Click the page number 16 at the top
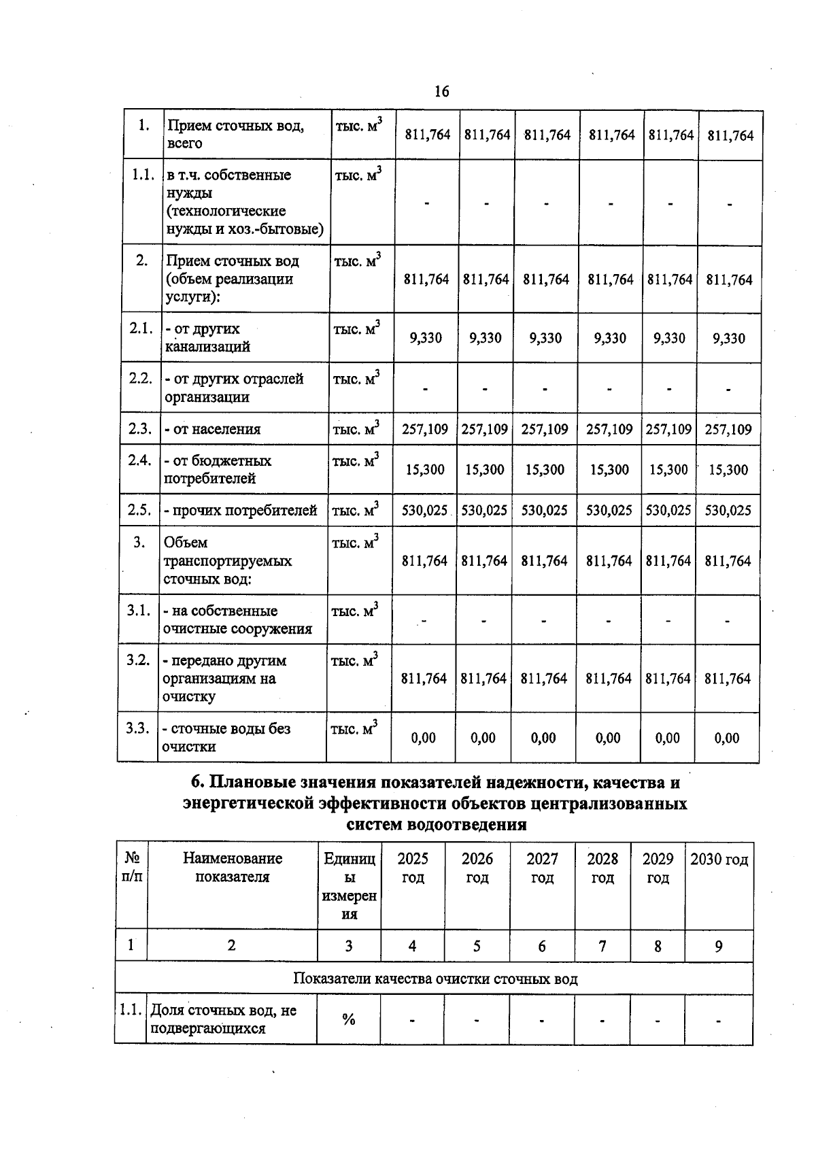pos(441,92)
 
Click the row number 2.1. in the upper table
pos(141,328)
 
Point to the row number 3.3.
pos(137,728)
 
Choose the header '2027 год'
pos(542,868)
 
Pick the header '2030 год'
pos(719,860)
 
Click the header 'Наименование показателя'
pos(232,868)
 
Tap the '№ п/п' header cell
pos(132,868)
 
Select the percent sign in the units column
pos(349,1019)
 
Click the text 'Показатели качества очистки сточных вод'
pos(435,979)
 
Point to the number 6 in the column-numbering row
pos(541,946)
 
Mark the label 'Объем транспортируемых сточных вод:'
pos(227,561)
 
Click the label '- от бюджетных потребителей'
pos(217,469)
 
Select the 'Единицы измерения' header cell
pos(349,886)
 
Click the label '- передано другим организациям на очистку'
pos(224,679)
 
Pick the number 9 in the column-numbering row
pos(719,946)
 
